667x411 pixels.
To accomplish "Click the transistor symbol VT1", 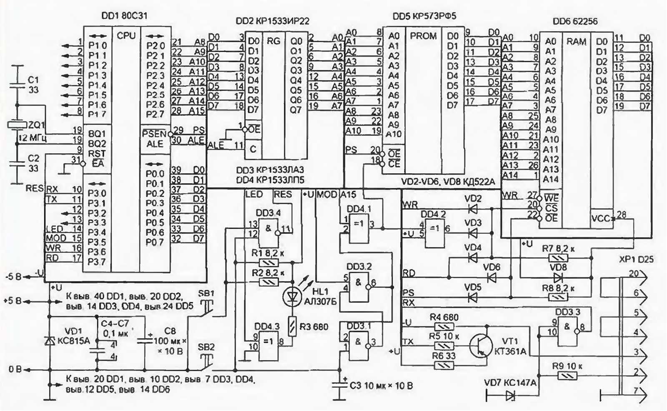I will coord(479,345).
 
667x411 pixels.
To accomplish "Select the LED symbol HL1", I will coord(292,296).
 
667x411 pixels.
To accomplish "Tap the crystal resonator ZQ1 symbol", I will coord(17,125).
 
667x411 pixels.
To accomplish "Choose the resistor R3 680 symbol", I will coord(293,326).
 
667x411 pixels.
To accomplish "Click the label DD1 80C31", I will coord(124,16).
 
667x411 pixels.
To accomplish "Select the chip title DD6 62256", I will coord(575,21).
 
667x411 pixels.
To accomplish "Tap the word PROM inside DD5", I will coord(423,36).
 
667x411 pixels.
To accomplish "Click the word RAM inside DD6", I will coord(576,42).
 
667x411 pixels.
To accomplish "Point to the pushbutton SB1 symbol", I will coord(206,307).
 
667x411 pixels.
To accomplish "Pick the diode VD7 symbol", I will coord(510,396).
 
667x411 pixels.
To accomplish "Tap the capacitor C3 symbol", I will coord(340,386).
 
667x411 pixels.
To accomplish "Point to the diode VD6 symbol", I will coord(492,277).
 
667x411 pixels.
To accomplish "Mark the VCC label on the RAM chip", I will coord(600,218).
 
